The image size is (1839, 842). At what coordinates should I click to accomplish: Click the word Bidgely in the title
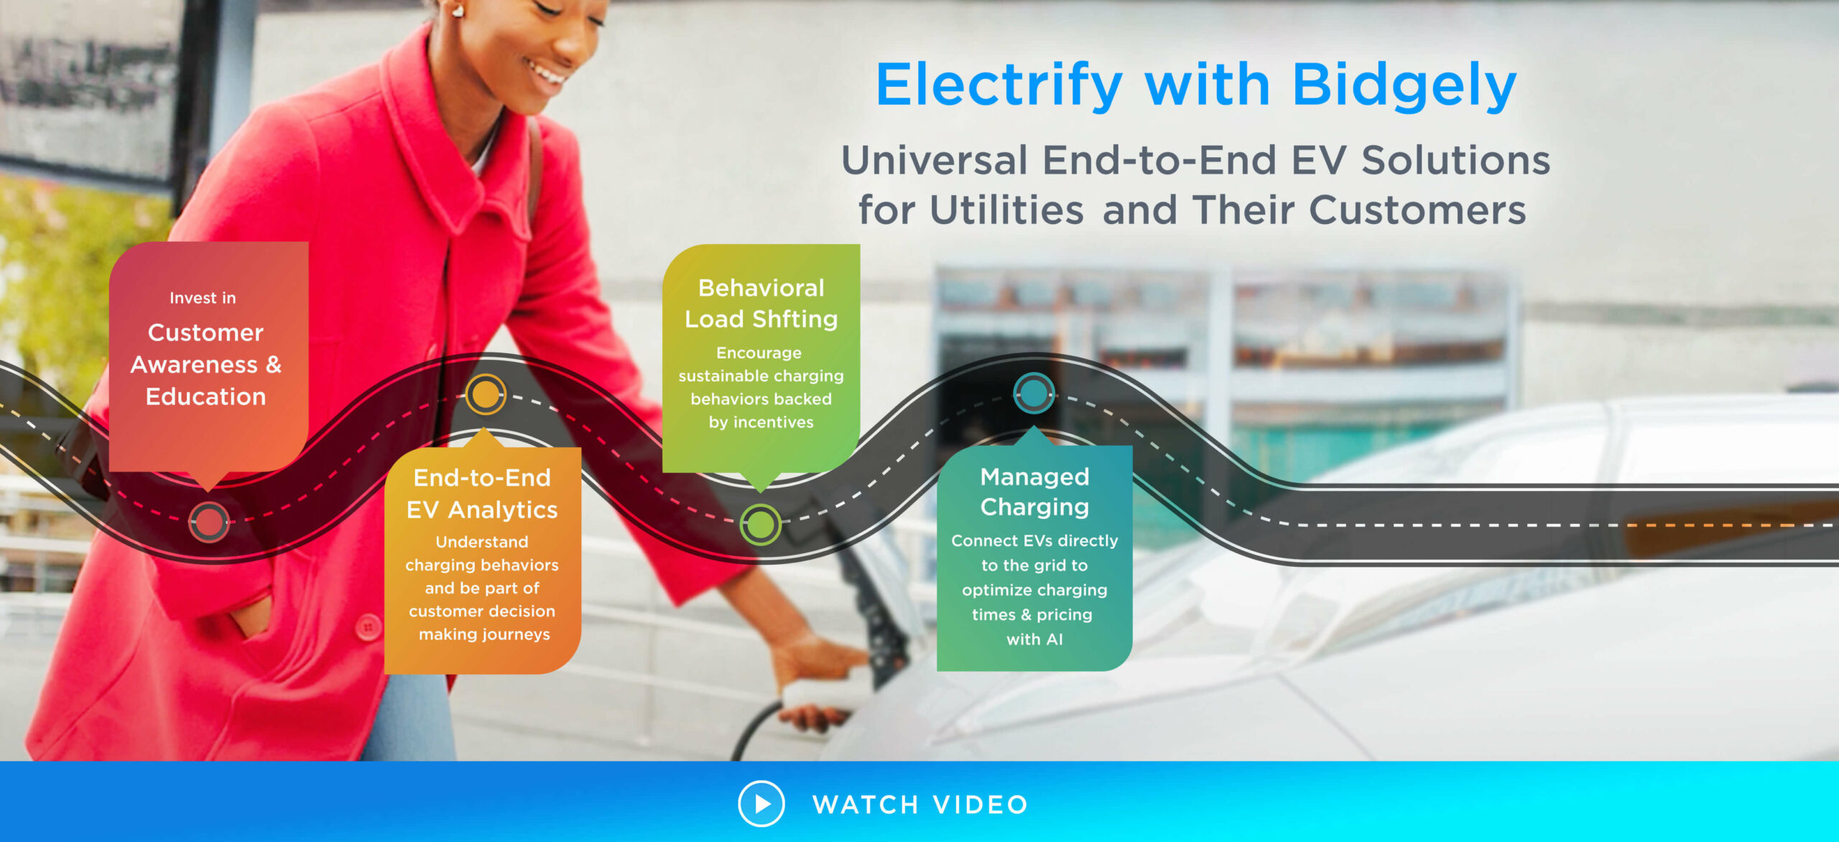pos(1404,87)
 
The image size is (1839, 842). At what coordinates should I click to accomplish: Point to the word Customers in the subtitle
pos(1417,210)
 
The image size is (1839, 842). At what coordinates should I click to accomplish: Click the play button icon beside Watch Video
pos(761,803)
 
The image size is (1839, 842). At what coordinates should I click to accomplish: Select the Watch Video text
pos(920,805)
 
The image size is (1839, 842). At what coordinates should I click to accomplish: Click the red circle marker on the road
pos(209,522)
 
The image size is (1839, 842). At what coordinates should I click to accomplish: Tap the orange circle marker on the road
pos(486,394)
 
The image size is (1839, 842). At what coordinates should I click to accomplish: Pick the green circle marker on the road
pos(761,525)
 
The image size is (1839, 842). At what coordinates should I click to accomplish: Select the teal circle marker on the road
pos(1034,393)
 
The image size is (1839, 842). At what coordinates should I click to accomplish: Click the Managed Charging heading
pos(1034,492)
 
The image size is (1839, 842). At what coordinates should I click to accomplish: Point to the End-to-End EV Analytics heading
pos(482,494)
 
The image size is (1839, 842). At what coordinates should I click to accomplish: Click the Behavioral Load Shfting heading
pos(761,303)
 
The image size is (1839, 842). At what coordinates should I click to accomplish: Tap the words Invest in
pos(203,298)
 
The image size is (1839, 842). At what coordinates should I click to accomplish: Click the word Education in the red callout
pos(206,397)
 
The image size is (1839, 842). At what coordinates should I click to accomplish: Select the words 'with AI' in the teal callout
pos(1034,639)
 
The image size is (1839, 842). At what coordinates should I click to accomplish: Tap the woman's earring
pos(456,10)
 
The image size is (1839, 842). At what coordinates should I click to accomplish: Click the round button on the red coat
pos(368,627)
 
